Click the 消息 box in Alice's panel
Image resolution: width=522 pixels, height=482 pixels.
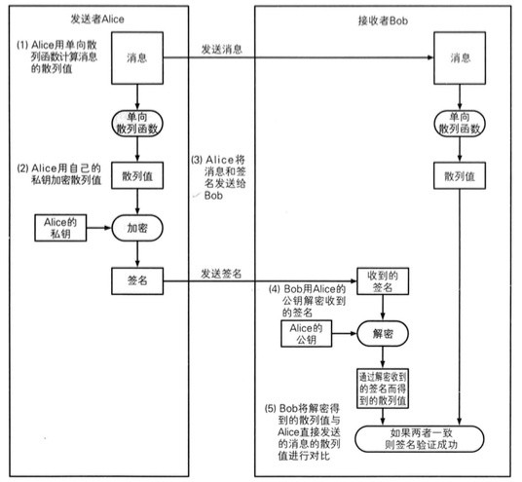pyautogui.click(x=138, y=58)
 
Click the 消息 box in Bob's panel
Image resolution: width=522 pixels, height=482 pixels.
pyautogui.click(x=459, y=58)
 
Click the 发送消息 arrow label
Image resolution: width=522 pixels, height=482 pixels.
pyautogui.click(x=226, y=48)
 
